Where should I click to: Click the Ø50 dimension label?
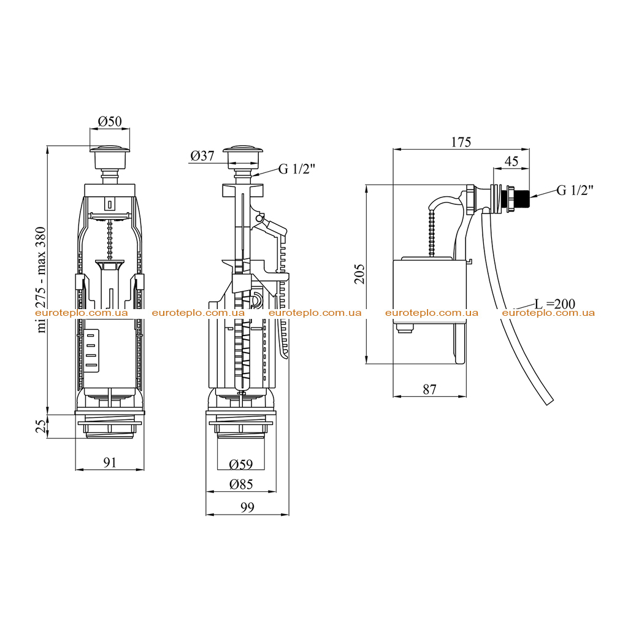110,121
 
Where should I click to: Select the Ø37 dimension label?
202,155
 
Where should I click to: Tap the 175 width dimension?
461,142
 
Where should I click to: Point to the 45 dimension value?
511,161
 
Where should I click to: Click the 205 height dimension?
359,274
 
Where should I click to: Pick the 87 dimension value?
429,389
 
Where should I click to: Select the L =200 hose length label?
555,304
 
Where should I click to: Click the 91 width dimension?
110,462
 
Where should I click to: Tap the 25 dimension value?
41,427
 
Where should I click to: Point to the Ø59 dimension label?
240,464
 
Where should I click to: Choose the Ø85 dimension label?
241,484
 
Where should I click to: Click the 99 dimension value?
248,507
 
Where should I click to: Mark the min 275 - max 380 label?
41,280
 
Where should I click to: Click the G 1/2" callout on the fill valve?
575,190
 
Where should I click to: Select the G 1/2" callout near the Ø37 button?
297,169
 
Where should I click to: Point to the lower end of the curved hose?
550,402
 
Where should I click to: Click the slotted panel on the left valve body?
92,351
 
